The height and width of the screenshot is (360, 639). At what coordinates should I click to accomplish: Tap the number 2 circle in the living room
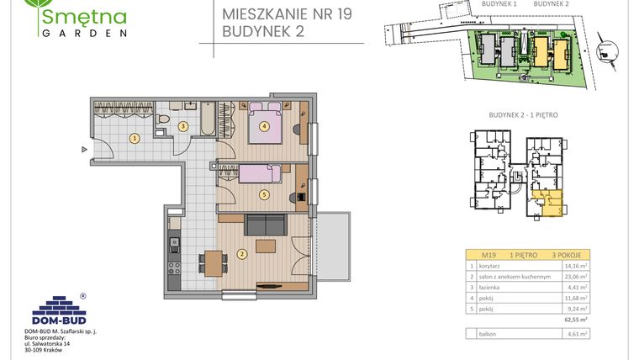(241, 253)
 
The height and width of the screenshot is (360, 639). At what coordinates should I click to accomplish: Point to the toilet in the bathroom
(159, 126)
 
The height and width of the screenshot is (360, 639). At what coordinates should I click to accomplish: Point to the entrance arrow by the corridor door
(84, 150)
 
